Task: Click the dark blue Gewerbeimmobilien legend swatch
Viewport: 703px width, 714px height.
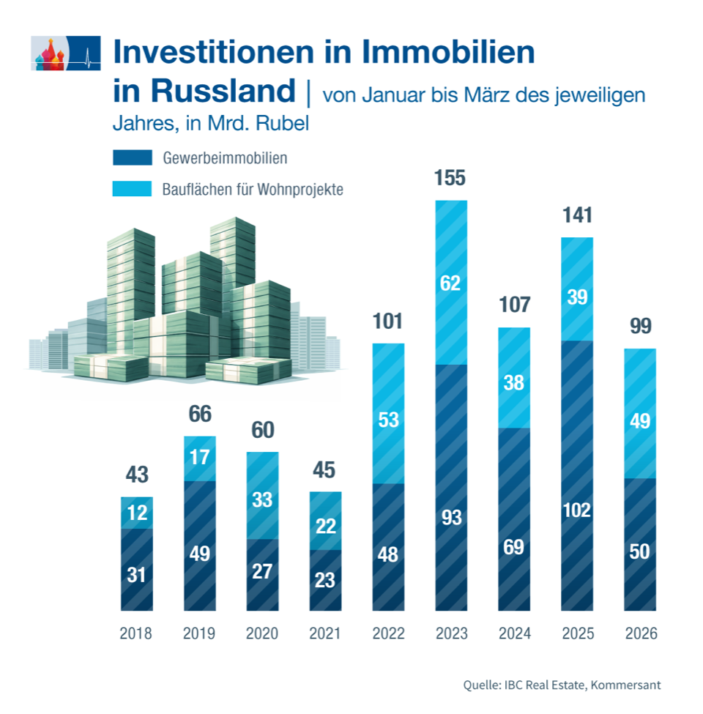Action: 132,157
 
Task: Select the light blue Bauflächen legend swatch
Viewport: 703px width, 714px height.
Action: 132,189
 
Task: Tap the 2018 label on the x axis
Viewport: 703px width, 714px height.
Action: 136,633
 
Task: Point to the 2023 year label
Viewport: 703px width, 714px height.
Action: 451,633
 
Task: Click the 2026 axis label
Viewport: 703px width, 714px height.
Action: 640,633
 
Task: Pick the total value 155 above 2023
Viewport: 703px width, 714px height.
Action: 450,179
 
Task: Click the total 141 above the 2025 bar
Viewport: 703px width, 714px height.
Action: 577,215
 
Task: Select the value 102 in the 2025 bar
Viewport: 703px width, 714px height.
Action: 577,510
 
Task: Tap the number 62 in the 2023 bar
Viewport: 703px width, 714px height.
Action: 450,283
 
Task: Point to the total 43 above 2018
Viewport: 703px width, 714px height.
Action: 136,475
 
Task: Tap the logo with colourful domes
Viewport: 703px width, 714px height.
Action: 66,53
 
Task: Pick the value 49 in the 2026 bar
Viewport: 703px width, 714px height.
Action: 640,421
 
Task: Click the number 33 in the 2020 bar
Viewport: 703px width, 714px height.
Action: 262,500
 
